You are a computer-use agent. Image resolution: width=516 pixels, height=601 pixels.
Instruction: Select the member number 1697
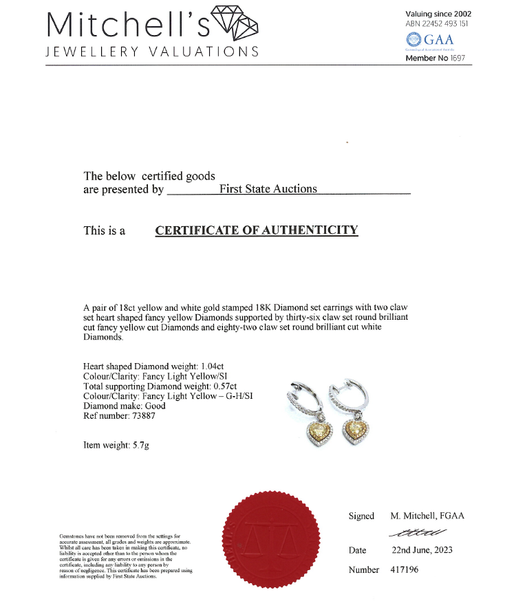click(x=454, y=58)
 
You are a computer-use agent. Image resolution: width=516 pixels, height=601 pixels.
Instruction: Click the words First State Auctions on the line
click(x=268, y=189)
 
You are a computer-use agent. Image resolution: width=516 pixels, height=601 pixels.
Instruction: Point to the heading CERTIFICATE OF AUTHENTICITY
click(x=257, y=230)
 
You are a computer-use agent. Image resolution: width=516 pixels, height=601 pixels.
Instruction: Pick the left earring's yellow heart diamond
click(x=317, y=433)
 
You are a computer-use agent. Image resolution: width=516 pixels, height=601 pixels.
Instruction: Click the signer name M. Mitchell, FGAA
click(x=427, y=516)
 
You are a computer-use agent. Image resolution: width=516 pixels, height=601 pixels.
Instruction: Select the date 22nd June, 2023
click(x=421, y=550)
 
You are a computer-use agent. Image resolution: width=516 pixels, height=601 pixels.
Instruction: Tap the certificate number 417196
click(x=404, y=569)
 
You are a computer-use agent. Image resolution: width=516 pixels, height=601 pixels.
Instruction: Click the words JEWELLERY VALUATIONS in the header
click(x=152, y=52)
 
